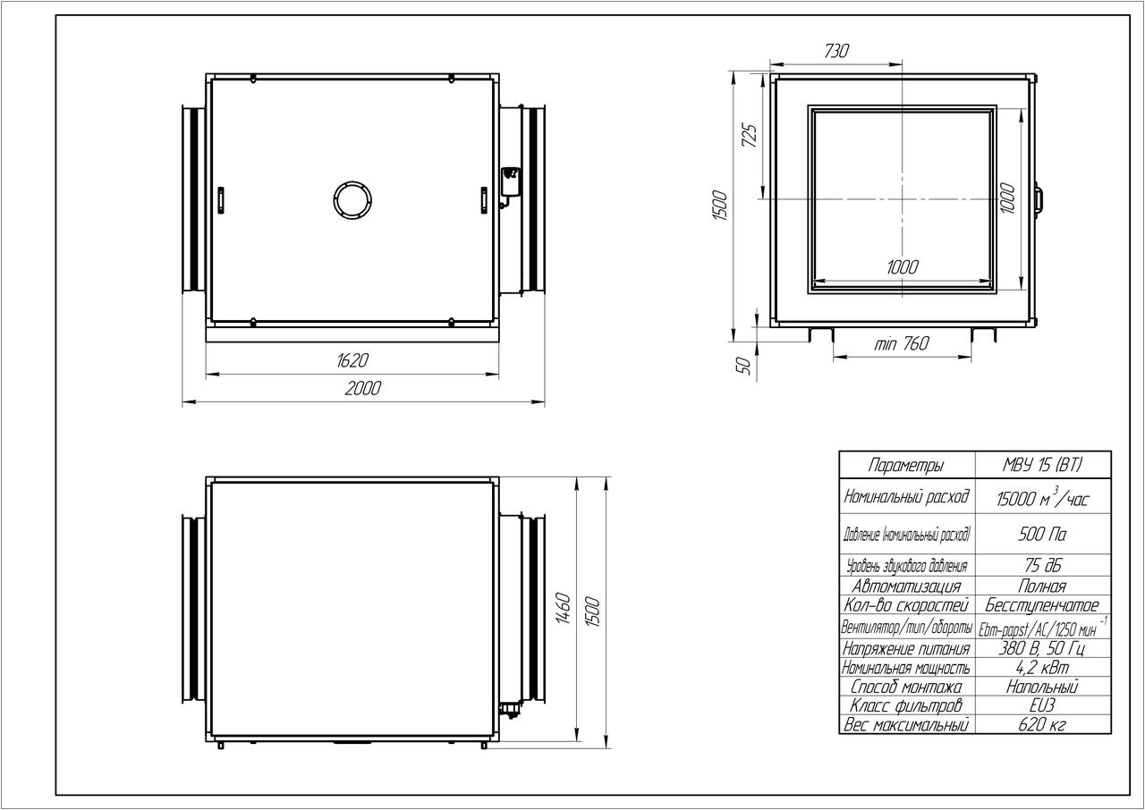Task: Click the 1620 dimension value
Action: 352,360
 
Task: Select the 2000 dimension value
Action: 363,389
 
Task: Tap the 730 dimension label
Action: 836,51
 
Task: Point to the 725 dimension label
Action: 750,135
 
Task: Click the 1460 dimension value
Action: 563,608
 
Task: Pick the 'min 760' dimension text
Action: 901,343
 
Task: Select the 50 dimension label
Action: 746,366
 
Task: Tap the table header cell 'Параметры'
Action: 906,465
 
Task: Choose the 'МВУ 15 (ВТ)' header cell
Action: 1043,465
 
